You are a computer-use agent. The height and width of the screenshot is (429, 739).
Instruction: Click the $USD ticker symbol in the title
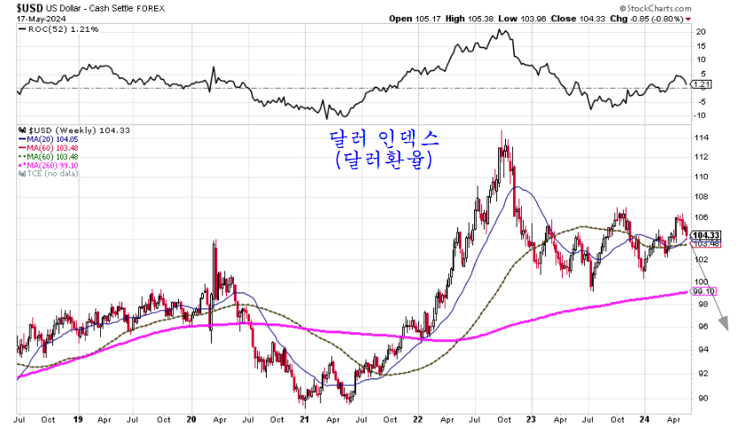click(19, 6)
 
